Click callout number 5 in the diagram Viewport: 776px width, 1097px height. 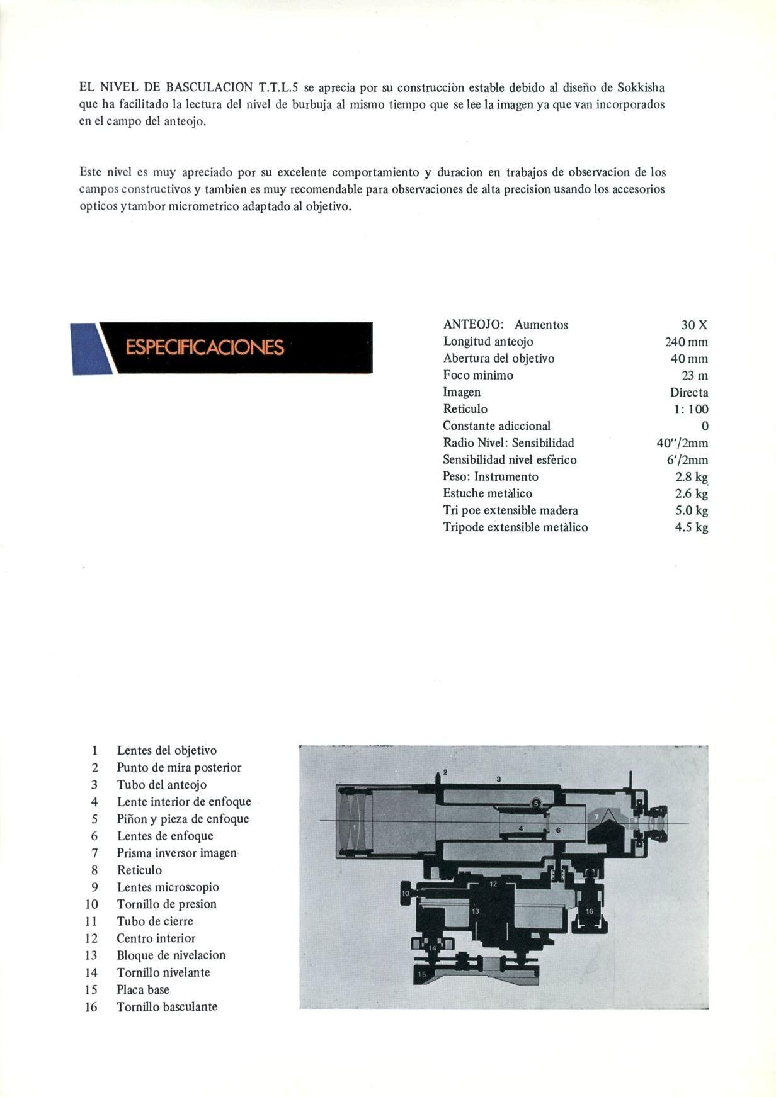click(x=536, y=803)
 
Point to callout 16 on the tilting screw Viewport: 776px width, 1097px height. click(x=590, y=911)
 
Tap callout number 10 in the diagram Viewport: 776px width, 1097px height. click(x=406, y=892)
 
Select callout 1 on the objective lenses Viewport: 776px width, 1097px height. click(x=355, y=826)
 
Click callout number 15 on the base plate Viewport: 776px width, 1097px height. click(x=422, y=974)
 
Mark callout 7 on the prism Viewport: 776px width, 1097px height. click(x=596, y=816)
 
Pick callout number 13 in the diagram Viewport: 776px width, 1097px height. click(x=476, y=911)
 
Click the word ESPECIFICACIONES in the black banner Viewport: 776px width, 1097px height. click(x=205, y=347)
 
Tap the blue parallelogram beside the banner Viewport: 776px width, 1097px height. click(x=87, y=349)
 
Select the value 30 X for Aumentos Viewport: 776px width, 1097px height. click(x=694, y=325)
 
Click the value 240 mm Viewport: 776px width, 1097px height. click(x=686, y=342)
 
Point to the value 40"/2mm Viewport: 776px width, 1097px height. click(x=682, y=443)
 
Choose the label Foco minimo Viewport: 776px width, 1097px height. click(x=478, y=375)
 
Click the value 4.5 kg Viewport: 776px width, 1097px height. click(x=692, y=527)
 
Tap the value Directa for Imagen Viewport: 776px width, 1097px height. click(x=689, y=392)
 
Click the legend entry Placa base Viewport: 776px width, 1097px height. click(x=143, y=989)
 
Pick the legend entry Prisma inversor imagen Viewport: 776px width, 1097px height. click(x=176, y=853)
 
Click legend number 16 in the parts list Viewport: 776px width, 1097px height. click(x=91, y=1007)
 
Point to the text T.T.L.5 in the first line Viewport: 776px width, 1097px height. click(x=278, y=87)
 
